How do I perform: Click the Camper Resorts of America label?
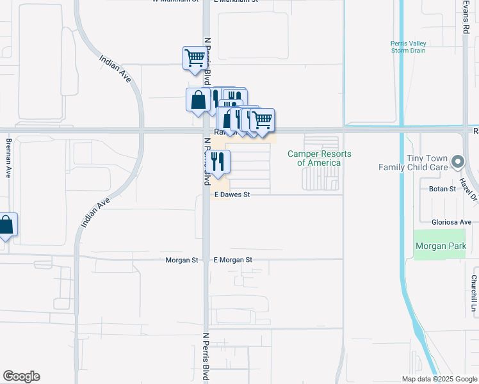pos(319,158)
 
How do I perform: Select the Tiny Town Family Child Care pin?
pos(457,162)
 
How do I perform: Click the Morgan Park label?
pos(439,246)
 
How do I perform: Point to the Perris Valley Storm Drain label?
pos(407,48)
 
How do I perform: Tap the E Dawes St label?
pos(231,195)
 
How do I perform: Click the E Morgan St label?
pos(233,260)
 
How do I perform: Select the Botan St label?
pos(442,189)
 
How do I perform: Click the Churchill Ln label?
pos(475,294)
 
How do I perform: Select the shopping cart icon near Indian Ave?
pos(195,58)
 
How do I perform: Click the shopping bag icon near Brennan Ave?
pos(6,225)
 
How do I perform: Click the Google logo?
pos(21,376)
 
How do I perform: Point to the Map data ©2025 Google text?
pos(439,379)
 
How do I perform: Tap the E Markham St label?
pos(235,1)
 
